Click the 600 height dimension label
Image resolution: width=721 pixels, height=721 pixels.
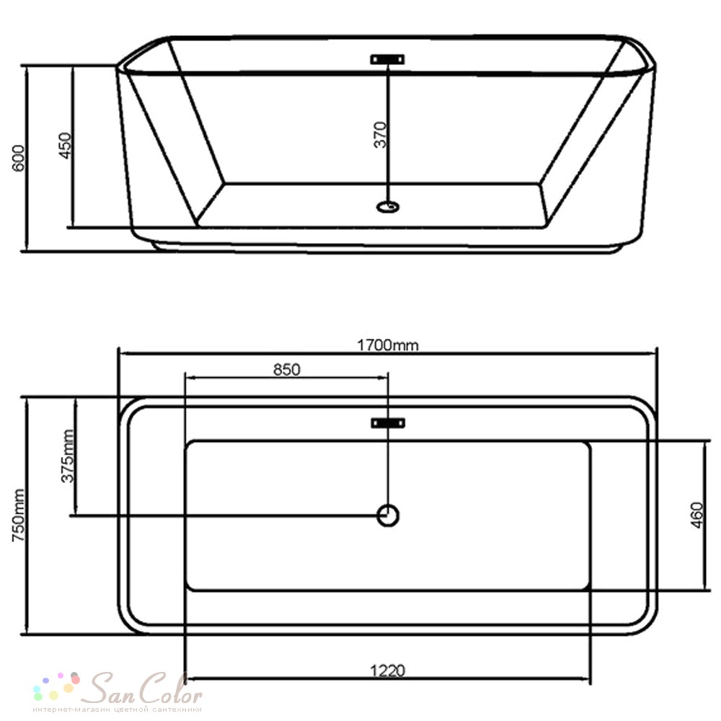point(19,158)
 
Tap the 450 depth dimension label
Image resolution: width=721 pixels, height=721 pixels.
point(66,146)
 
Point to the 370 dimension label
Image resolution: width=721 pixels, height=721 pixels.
point(380,135)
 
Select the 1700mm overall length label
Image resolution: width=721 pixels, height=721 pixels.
point(388,345)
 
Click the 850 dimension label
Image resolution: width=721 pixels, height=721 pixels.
point(286,369)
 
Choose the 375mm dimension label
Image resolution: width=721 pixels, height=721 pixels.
point(68,456)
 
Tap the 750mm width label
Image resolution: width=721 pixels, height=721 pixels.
point(19,516)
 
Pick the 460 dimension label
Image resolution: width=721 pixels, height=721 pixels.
point(697,516)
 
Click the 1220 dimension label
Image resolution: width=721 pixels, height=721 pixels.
point(388,671)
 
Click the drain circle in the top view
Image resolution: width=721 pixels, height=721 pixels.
point(388,516)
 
